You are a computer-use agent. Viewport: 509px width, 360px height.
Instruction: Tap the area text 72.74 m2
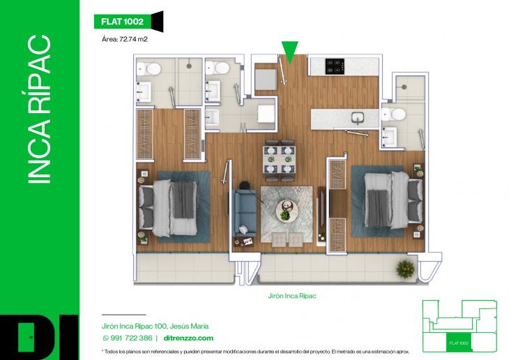point(124,40)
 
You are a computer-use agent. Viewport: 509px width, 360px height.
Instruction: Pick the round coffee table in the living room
point(287,209)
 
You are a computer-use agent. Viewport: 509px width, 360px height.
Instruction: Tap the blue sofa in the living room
point(244,209)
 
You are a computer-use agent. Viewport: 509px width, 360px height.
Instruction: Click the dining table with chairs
point(279,159)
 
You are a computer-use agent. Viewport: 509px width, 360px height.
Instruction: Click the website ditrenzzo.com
point(179,338)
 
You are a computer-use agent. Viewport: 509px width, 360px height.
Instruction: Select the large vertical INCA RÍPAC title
point(40,112)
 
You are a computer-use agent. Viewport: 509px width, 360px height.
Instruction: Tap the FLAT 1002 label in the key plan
point(457,343)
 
